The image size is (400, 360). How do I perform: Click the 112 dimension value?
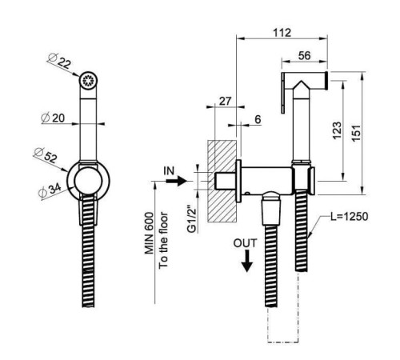tap(282, 33)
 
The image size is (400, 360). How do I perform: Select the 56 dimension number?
tap(304, 56)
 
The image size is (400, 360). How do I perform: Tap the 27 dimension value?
tap(226, 102)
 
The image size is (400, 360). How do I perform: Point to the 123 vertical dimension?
tap(337, 130)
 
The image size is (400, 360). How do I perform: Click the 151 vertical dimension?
tap(357, 134)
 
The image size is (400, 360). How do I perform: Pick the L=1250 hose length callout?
tap(350, 217)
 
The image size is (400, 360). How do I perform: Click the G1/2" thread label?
tap(192, 218)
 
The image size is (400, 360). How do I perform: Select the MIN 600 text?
tap(150, 233)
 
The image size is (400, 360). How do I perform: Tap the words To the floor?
tap(163, 240)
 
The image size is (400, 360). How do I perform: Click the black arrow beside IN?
tap(176, 181)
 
